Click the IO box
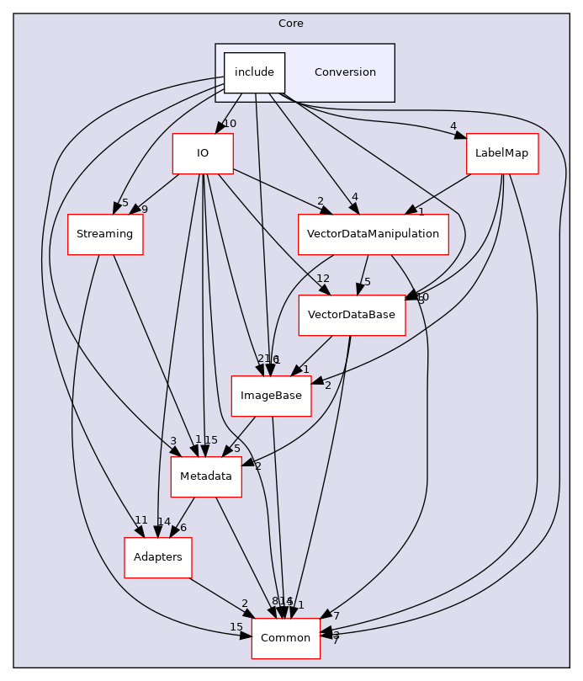click(x=202, y=153)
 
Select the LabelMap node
click(x=501, y=153)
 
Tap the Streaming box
click(x=105, y=234)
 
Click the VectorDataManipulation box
click(x=373, y=234)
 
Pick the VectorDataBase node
click(x=352, y=315)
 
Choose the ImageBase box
click(x=271, y=396)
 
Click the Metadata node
click(x=206, y=476)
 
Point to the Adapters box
click(x=158, y=557)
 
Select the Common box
click(x=286, y=638)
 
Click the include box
click(x=254, y=72)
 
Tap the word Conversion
click(x=345, y=72)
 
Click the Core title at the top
click(x=291, y=22)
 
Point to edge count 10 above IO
click(x=230, y=124)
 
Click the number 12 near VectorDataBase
click(x=322, y=279)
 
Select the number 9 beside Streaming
click(x=145, y=210)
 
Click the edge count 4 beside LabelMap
click(x=453, y=127)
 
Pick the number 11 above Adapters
click(x=141, y=520)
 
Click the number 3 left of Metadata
click(x=172, y=440)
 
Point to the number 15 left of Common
click(x=236, y=627)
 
